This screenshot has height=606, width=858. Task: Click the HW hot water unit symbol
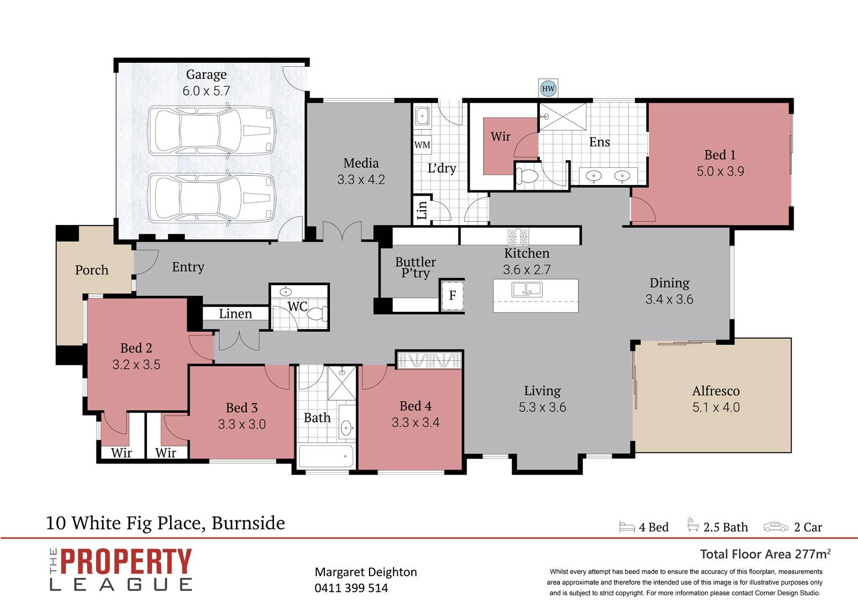(548, 88)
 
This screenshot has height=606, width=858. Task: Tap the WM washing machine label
(422, 145)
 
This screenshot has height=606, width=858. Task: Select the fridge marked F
(453, 295)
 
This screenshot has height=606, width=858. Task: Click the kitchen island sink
(527, 290)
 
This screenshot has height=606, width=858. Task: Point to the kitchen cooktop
(518, 236)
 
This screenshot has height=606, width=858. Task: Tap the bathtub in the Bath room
(326, 457)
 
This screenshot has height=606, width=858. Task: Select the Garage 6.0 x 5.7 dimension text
(206, 91)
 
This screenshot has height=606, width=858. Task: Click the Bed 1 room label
(720, 155)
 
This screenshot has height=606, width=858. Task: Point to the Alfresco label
(716, 391)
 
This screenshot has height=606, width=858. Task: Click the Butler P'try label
(416, 267)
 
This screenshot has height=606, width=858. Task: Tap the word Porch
(92, 270)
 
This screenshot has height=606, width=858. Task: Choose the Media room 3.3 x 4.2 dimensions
(361, 179)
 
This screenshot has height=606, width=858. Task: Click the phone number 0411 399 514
(351, 588)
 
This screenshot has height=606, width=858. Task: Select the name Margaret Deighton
(366, 572)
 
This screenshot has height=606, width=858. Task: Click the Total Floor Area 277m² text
(765, 554)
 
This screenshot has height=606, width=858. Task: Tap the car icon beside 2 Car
(775, 527)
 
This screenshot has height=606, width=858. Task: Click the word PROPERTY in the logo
(126, 562)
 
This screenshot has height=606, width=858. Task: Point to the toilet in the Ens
(528, 176)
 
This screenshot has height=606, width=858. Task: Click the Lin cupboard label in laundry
(421, 210)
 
